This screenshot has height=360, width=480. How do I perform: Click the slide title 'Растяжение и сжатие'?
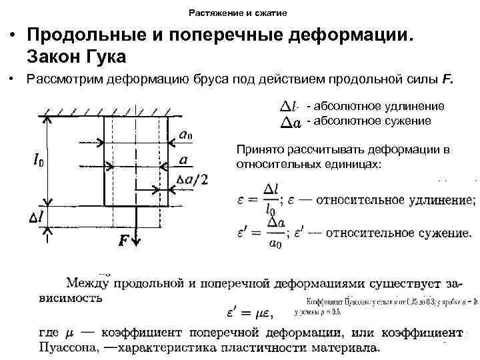coord(239,13)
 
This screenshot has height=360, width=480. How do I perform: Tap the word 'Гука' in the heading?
coord(102,55)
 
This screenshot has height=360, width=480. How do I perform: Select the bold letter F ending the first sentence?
coord(447,80)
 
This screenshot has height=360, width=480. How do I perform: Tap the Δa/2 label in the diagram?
coord(193,179)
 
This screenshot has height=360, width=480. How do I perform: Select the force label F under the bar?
coord(125,241)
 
